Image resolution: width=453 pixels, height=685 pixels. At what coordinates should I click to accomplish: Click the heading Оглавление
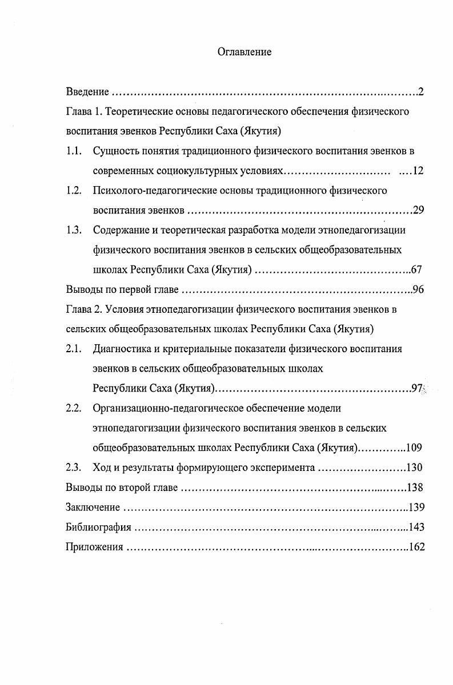point(244,52)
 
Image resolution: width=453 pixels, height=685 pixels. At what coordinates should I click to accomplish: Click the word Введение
point(87,92)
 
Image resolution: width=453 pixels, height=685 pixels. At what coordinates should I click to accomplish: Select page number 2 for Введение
point(420,92)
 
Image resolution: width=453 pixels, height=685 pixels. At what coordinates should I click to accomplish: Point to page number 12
point(417,171)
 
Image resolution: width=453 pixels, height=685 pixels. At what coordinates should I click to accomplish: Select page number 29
point(418,211)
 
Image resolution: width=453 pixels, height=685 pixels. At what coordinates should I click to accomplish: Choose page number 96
point(418,290)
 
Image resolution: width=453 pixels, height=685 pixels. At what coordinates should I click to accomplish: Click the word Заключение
point(93,507)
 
